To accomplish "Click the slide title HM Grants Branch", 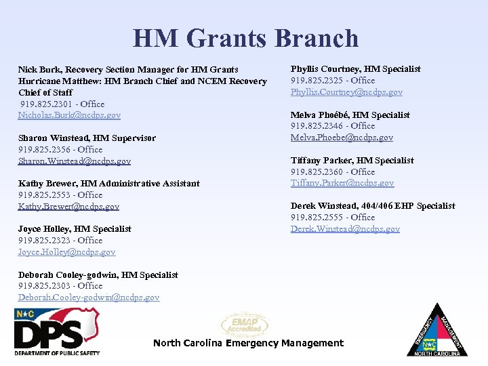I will click(x=245, y=39).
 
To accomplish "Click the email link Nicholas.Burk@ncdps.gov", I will click(x=69, y=115).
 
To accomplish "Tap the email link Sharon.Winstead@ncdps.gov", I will click(x=75, y=161).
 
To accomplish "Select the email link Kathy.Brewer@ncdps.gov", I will click(x=68, y=207).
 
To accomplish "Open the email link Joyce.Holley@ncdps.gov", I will click(x=66, y=252).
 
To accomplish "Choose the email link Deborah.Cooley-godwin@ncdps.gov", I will click(x=89, y=298).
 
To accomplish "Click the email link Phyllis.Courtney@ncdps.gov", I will click(x=346, y=92).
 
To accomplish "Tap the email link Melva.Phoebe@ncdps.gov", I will click(x=342, y=138).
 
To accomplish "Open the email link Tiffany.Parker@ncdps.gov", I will click(x=342, y=183).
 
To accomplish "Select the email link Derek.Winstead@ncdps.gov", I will click(x=345, y=229).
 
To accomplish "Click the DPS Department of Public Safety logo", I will click(x=57, y=332).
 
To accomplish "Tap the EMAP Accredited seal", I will click(x=244, y=325).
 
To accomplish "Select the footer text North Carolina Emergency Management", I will click(x=248, y=343).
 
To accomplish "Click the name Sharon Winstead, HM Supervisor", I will click(x=87, y=138).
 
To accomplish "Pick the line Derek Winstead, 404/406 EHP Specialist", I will click(x=373, y=206).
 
